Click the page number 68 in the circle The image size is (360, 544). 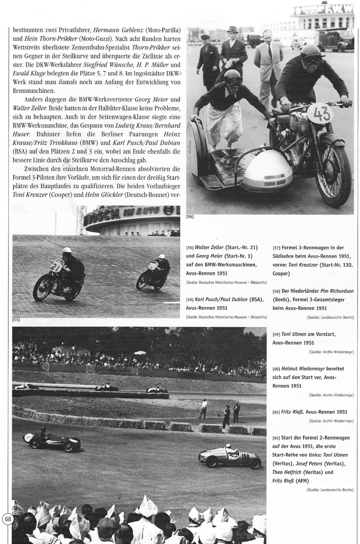coord(8,519)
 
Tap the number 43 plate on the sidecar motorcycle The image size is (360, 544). coord(322,114)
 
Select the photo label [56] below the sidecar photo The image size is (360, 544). coord(190,217)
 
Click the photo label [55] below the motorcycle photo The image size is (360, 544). coord(16,320)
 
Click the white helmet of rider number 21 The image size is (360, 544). coord(67,251)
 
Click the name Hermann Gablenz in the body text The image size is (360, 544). coord(119,30)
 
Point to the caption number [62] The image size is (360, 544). coord(276,438)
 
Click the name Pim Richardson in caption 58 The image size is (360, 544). coord(337,291)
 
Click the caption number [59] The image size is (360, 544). coord(276,334)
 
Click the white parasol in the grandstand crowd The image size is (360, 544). coord(140,353)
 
